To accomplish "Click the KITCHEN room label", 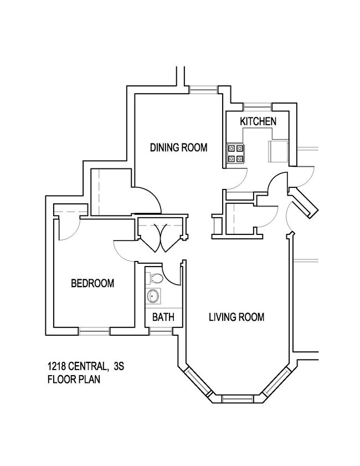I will (257, 121).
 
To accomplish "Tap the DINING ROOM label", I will (179, 147).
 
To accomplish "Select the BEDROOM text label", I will (92, 283).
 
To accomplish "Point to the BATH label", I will (163, 318).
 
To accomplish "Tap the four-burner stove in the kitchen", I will (235, 153).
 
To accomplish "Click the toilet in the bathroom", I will (157, 278).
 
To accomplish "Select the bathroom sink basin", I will (153, 296).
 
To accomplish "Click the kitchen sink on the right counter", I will (276, 151).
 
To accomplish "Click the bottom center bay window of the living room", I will (236, 398).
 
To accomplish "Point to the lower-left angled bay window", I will (198, 382).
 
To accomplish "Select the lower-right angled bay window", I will (275, 382).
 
